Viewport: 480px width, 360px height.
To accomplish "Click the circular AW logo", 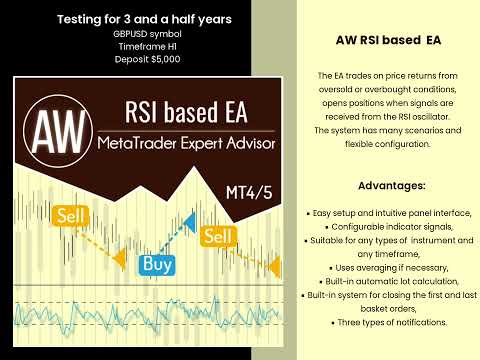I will (x=50, y=130).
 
